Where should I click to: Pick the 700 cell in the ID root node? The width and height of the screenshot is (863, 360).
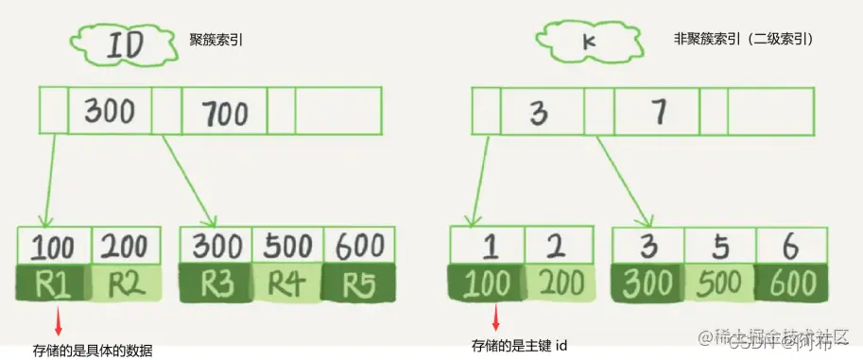223,112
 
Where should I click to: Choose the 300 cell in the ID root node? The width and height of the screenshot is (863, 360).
110,111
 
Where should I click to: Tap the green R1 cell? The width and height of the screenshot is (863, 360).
53,283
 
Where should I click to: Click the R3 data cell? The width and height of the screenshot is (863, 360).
216,283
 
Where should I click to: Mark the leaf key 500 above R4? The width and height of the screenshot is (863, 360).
287,246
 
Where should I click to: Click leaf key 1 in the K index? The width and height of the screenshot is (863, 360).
489,246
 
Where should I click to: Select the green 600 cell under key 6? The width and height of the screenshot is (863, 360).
789,283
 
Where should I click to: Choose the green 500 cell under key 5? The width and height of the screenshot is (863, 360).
720,283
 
